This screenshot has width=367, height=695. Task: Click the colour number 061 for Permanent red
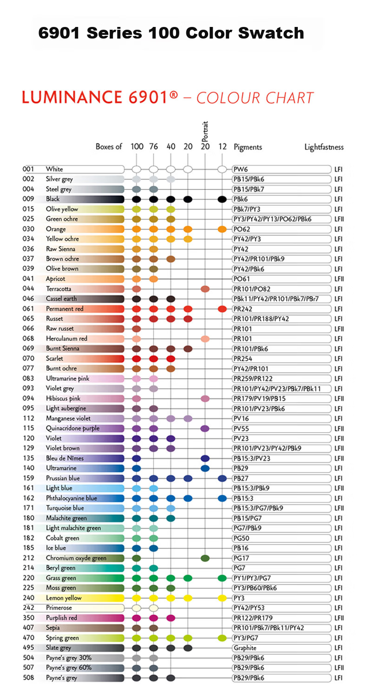coord(28,309)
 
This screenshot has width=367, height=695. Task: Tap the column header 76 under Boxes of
coord(154,146)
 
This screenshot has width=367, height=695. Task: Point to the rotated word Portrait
coord(205,131)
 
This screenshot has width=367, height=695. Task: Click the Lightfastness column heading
coord(324,147)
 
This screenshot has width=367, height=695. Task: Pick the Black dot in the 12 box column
coord(222,199)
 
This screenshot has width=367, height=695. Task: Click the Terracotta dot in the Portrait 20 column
coord(205,289)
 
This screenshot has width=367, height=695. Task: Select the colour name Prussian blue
coord(63,478)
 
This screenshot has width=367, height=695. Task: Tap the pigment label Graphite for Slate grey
coord(245,648)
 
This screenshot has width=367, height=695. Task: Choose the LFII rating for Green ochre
coord(339,219)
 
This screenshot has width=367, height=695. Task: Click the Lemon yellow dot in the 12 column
coord(222,598)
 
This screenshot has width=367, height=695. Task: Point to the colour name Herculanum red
coord(67,339)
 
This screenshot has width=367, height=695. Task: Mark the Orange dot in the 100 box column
coord(137,229)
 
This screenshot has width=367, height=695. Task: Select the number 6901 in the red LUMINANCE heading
coord(148,97)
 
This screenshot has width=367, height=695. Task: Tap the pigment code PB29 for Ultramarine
coord(241,468)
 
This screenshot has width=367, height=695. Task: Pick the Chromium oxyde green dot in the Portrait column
coord(205,558)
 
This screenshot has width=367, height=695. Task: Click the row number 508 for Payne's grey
coord(28,678)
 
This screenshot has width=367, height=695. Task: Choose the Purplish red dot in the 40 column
coord(170,618)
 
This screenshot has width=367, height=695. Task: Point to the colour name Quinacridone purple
coord(73,428)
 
